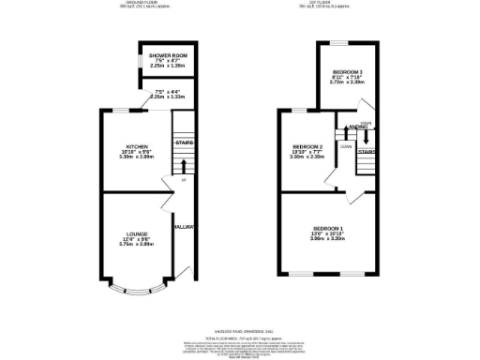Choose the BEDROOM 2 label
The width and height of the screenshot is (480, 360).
pos(307,147)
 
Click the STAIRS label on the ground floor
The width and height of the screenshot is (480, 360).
pos(185,143)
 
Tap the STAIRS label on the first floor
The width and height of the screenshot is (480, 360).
pos(367,151)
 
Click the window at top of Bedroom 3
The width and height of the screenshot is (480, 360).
pos(338,44)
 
